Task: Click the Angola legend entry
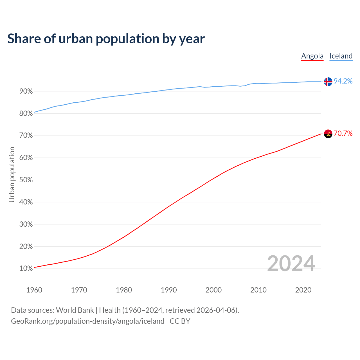pos(312,56)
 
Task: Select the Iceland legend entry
pos(341,56)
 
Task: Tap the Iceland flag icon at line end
pos(328,82)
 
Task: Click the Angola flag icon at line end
pos(328,134)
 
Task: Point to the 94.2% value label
pos(343,81)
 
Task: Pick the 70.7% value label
pos(343,133)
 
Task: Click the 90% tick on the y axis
pos(26,91)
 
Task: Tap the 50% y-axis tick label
pos(26,180)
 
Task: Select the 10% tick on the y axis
pos(26,269)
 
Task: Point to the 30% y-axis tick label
pos(26,224)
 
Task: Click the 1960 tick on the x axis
pos(34,290)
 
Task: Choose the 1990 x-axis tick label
pos(169,290)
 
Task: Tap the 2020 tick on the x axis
pos(303,290)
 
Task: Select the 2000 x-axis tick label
pos(213,290)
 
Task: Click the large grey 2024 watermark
pos(291,264)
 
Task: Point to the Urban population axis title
pos(12,174)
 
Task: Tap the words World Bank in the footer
pos(75,310)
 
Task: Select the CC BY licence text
pos(180,321)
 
